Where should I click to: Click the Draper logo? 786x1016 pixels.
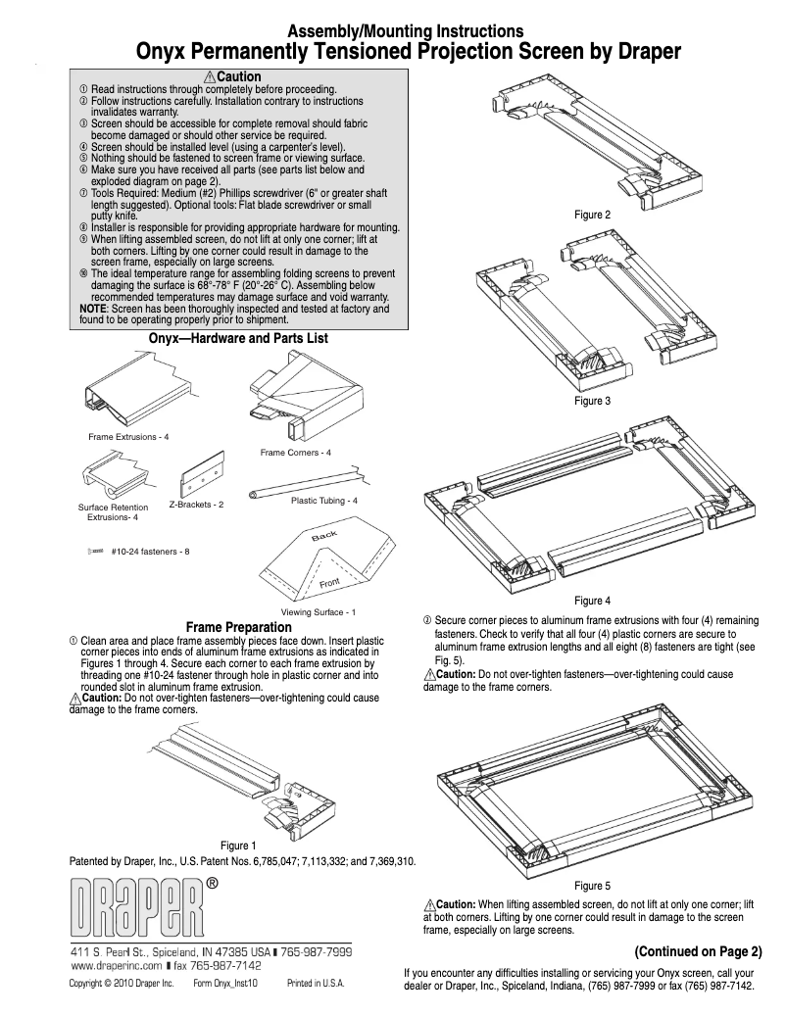[137, 907]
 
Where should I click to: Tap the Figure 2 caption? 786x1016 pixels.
[593, 215]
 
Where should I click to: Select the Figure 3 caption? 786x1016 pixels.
[593, 401]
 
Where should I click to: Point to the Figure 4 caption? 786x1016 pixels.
[593, 601]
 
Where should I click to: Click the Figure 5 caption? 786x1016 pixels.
[593, 886]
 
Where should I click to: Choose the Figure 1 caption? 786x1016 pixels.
[239, 846]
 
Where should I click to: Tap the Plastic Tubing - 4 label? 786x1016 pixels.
[324, 501]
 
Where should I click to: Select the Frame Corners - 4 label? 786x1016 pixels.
[296, 453]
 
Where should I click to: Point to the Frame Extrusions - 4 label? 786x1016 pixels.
[128, 436]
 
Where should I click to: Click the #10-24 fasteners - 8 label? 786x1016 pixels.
[150, 552]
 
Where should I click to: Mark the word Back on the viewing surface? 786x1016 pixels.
[324, 536]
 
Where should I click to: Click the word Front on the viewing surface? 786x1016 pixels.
[330, 585]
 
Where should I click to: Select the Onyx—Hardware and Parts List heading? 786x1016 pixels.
[238, 338]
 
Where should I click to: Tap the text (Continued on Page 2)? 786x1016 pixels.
[698, 951]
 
